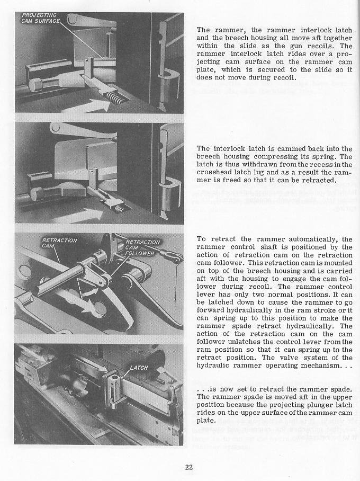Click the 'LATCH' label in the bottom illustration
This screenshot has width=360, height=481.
(x=139, y=368)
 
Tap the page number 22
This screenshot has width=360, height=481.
(x=189, y=467)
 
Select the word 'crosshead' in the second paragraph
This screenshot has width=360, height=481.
(x=215, y=172)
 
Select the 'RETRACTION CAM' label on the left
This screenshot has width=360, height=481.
(x=59, y=243)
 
